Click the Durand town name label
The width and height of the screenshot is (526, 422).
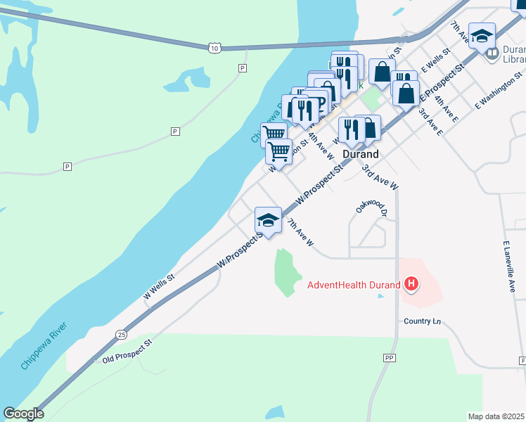click(x=361, y=153)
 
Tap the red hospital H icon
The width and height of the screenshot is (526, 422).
click(x=411, y=285)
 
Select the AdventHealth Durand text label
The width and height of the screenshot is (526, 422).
click(x=353, y=285)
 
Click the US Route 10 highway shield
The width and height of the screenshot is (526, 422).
click(x=214, y=47)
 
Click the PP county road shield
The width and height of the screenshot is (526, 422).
click(x=389, y=358)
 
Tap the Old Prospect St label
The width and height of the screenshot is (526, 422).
click(x=127, y=352)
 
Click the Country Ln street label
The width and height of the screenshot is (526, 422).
click(x=422, y=321)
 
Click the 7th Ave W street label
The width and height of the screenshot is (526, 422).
click(x=300, y=231)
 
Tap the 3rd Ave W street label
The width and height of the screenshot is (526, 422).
click(x=380, y=177)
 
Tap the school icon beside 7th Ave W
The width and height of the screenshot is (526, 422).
click(x=268, y=221)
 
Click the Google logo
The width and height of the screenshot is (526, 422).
click(x=23, y=414)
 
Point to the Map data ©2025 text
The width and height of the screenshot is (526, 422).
click(x=496, y=416)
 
